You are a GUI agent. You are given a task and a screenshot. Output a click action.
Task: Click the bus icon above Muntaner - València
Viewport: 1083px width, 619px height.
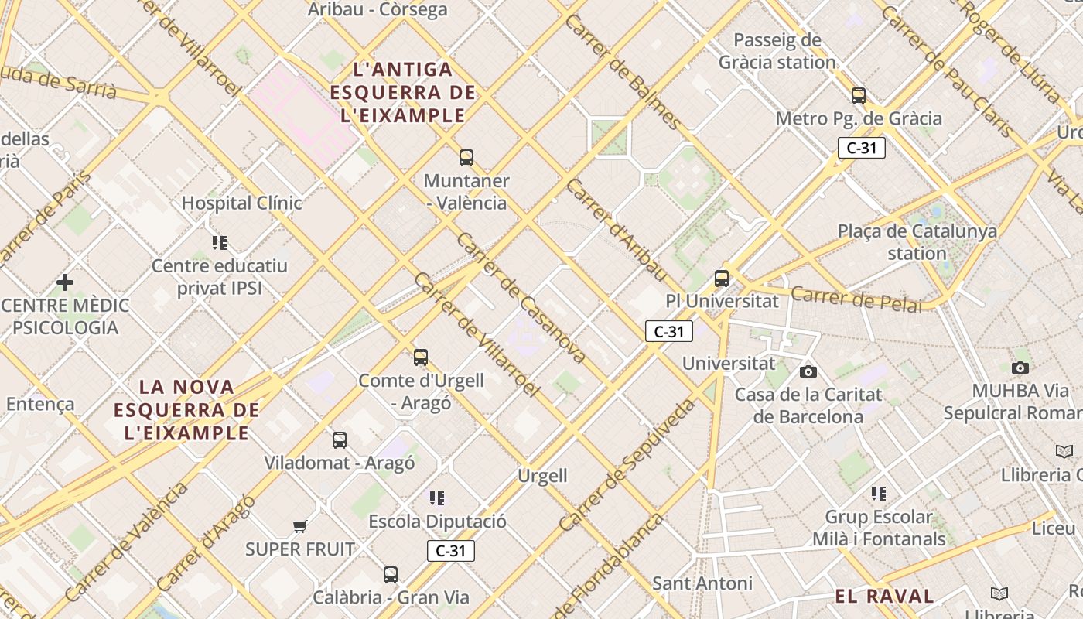click(466, 158)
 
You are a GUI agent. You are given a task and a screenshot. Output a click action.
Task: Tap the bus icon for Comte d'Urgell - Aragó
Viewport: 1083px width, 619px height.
click(421, 357)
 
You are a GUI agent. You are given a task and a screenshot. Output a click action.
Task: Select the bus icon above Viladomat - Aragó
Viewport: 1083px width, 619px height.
click(339, 440)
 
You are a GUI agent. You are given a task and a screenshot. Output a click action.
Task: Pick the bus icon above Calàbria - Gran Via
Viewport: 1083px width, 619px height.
click(391, 575)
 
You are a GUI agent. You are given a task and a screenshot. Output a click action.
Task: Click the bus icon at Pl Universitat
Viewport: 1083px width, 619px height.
click(722, 279)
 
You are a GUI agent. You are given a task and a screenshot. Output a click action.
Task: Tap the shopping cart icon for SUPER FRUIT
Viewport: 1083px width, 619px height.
click(299, 527)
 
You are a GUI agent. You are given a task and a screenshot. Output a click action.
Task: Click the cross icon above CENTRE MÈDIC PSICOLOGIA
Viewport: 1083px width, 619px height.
click(65, 282)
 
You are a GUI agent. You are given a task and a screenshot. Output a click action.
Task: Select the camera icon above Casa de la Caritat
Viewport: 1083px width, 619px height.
click(808, 372)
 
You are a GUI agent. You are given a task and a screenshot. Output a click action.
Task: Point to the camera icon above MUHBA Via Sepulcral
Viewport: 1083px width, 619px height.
click(1020, 368)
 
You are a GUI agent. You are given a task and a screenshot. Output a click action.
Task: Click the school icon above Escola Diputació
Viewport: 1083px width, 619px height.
click(437, 498)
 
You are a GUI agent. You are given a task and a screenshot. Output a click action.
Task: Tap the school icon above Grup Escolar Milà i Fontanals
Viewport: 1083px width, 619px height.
click(878, 494)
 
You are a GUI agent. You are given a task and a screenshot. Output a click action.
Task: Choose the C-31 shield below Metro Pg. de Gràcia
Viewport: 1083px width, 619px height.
click(861, 148)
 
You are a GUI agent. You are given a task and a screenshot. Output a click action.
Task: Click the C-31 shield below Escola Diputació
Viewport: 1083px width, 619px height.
click(450, 551)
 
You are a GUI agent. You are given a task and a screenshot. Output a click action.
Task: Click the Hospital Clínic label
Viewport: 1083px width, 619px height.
click(241, 203)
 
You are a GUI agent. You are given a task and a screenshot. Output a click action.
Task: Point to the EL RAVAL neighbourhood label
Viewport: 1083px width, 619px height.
click(884, 596)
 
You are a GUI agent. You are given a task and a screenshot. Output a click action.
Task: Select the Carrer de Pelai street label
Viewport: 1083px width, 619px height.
click(856, 299)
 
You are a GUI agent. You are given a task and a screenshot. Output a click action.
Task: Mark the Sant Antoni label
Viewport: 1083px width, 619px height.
click(702, 583)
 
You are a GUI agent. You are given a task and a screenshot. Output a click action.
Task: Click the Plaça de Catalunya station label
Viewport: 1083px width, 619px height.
click(917, 242)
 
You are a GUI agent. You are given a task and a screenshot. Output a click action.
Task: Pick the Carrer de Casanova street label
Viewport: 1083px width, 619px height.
click(521, 299)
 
